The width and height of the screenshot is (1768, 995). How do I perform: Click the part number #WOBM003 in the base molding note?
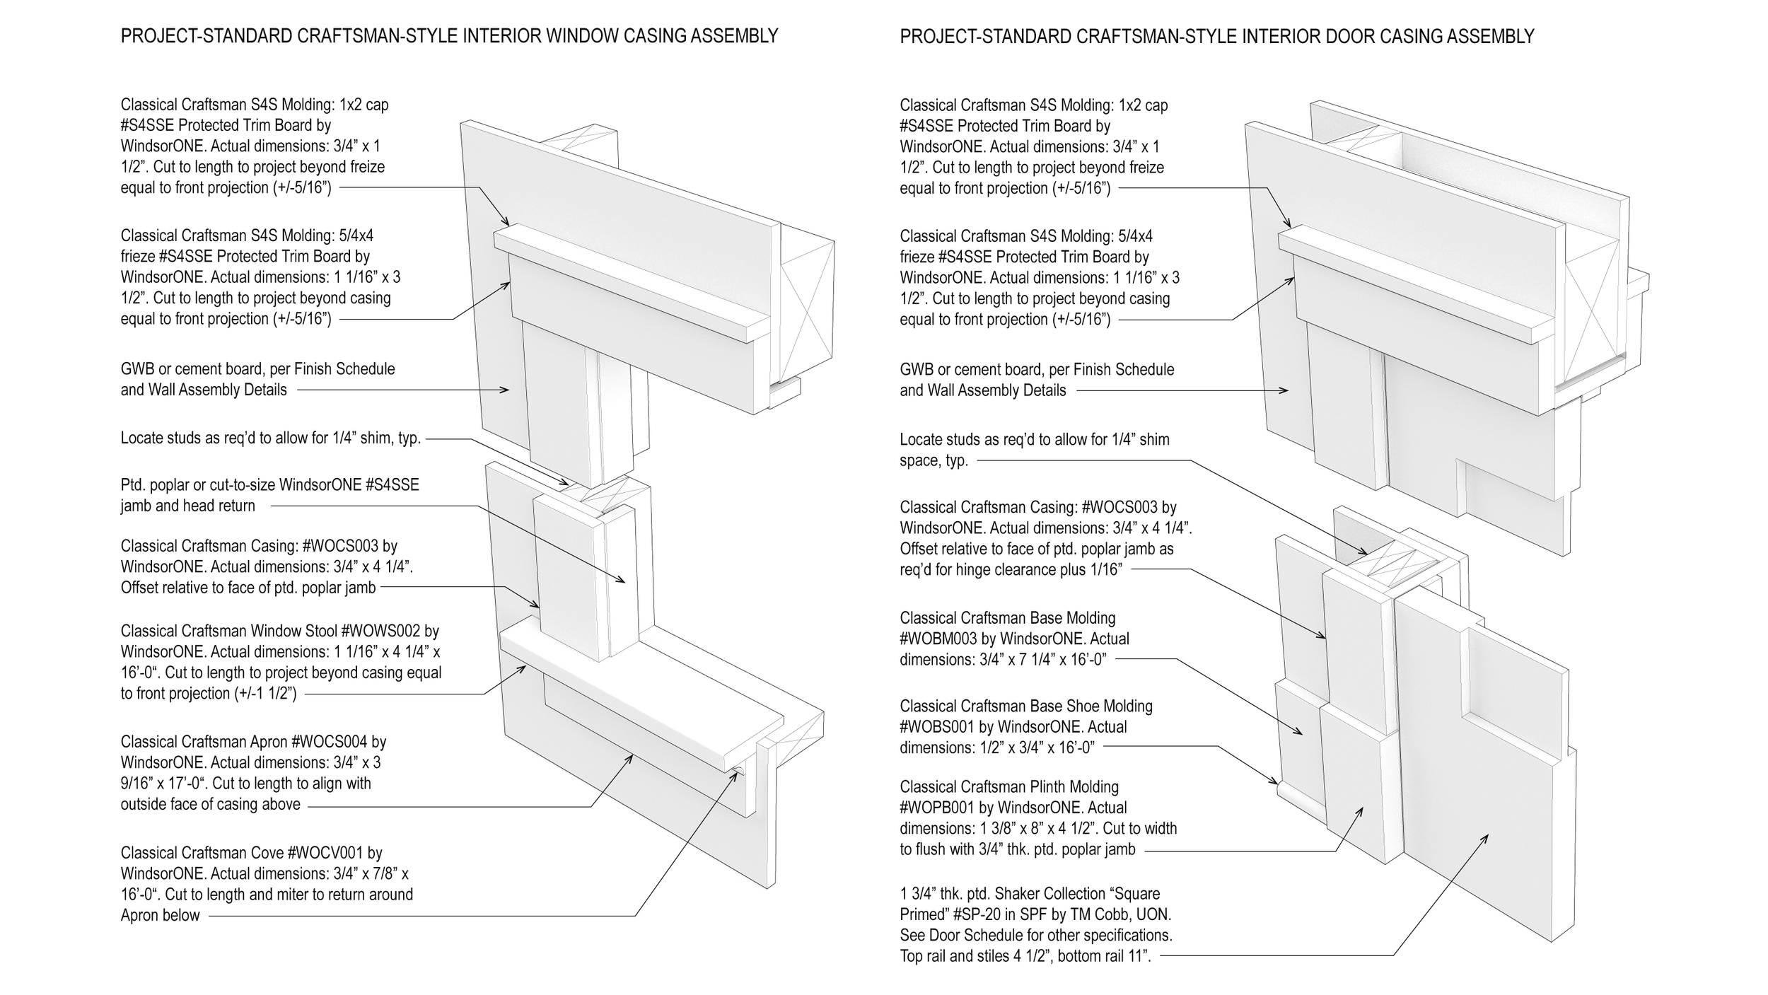[x=938, y=639]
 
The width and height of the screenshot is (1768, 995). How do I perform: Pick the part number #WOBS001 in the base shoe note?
[x=938, y=727]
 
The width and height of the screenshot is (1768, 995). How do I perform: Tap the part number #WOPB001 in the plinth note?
[x=938, y=808]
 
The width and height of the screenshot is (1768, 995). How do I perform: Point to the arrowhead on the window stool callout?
[x=524, y=667]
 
